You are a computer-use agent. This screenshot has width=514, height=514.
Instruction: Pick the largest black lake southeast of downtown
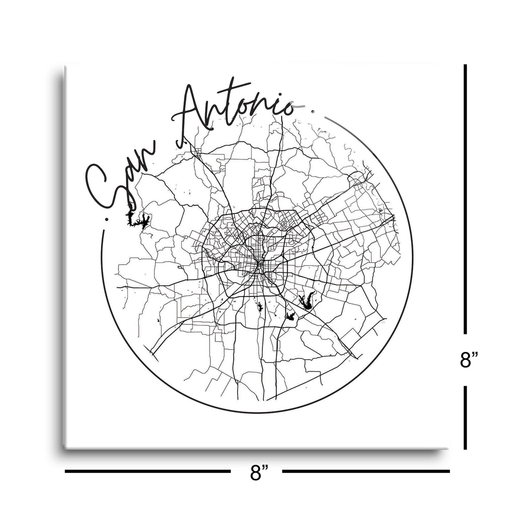(306, 301)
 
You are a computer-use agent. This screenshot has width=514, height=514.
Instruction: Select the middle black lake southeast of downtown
(291, 316)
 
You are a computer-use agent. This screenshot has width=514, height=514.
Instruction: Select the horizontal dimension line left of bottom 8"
(148, 472)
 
